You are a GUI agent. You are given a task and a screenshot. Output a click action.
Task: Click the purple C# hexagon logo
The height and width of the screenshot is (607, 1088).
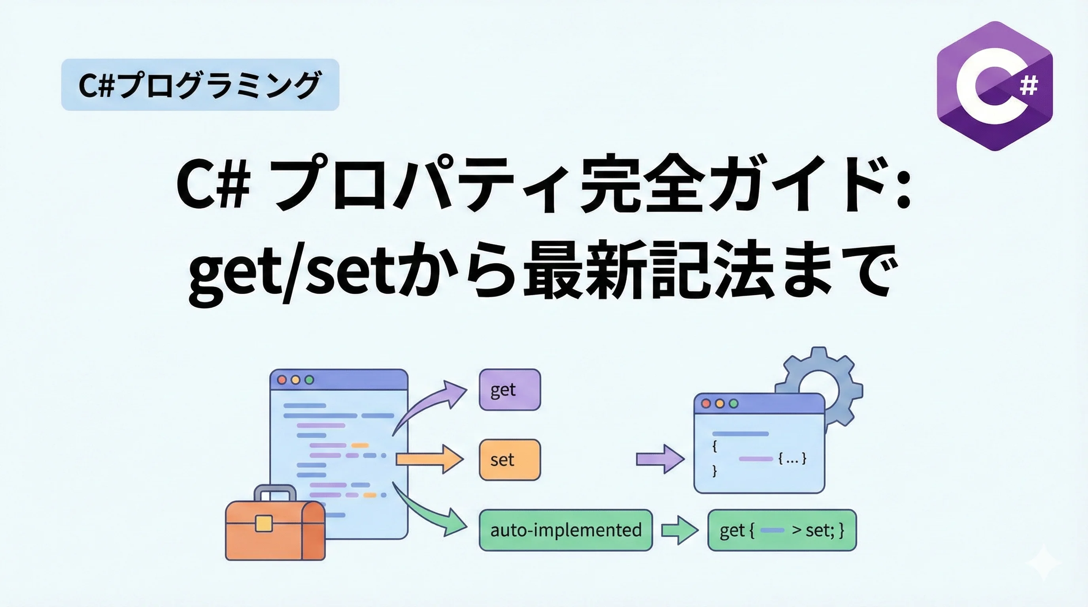tap(994, 86)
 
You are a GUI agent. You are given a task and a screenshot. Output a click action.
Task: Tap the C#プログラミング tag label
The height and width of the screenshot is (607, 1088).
tap(200, 85)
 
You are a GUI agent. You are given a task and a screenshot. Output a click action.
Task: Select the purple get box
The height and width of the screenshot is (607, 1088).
tap(509, 390)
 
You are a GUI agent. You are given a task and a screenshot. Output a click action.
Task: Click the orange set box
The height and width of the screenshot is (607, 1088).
tap(509, 460)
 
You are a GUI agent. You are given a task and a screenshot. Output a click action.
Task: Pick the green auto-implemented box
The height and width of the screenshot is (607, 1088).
tap(565, 530)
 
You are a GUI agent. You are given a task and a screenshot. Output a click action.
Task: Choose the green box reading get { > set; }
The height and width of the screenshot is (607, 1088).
tap(782, 530)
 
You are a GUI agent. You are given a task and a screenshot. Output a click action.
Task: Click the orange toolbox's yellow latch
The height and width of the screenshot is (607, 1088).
tap(264, 524)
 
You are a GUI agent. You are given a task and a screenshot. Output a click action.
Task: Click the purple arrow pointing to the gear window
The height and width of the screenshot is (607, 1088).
tap(660, 459)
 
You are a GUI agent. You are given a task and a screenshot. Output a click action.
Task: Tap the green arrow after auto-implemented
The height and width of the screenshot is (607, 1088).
tap(679, 530)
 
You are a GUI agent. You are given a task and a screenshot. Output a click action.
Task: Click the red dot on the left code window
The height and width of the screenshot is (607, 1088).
tap(281, 379)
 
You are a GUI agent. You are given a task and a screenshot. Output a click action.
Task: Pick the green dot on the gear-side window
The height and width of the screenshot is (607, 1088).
tap(734, 403)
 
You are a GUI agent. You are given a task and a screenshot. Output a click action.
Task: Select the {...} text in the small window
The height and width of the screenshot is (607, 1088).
tap(792, 458)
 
